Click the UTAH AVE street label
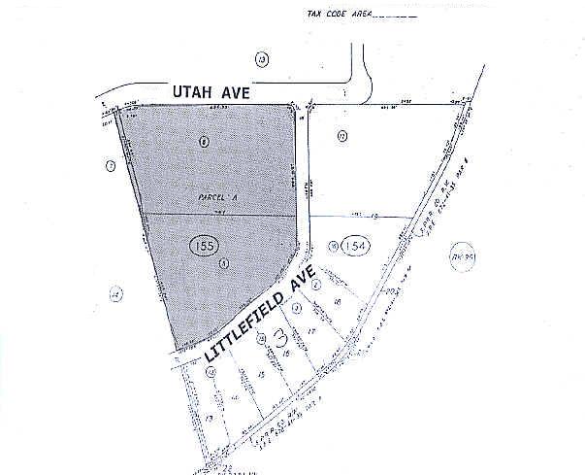click(212, 92)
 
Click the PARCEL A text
click(219, 196)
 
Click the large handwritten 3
click(282, 339)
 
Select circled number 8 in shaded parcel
click(204, 142)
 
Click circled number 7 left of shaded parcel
click(111, 167)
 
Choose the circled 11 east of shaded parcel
click(342, 136)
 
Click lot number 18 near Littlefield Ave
click(337, 303)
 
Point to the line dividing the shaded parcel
click(219, 214)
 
